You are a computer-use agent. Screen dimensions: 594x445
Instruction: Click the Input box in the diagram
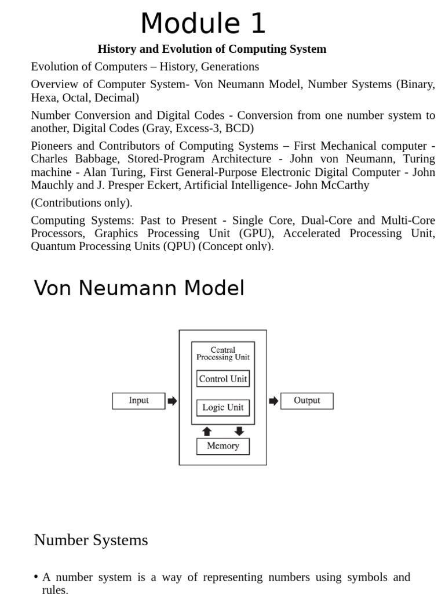[138, 401]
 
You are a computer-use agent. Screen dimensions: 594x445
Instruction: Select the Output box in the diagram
[307, 401]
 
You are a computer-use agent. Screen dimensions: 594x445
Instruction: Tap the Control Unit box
[223, 379]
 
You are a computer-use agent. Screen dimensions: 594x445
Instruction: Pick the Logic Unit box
[223, 407]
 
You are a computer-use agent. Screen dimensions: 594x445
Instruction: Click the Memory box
[223, 446]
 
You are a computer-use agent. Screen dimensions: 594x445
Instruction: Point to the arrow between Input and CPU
[172, 401]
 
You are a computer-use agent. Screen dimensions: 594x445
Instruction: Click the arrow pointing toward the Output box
[273, 401]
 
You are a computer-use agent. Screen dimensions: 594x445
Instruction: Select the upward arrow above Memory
[207, 432]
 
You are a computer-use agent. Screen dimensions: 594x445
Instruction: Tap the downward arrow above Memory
[239, 432]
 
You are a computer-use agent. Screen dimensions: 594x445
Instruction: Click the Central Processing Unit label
[223, 353]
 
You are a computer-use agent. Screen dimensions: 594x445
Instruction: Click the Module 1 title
[203, 24]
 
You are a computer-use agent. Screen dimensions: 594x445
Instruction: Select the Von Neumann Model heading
[139, 288]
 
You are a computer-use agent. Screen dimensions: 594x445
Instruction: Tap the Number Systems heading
[91, 540]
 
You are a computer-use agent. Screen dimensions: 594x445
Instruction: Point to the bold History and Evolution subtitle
[211, 49]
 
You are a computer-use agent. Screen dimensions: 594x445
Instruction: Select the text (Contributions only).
[82, 203]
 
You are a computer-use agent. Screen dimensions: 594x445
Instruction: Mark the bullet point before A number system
[36, 577]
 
